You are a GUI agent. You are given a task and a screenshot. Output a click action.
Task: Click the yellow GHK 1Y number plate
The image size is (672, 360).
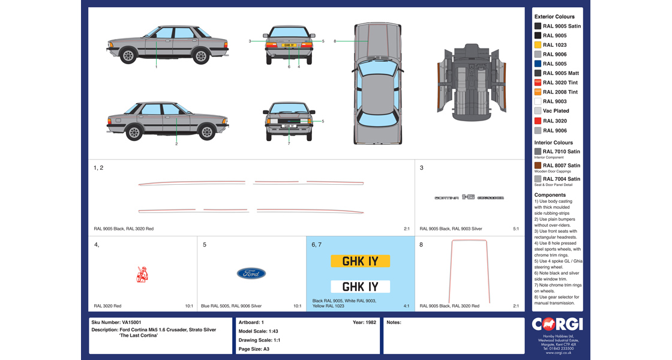click(360, 261)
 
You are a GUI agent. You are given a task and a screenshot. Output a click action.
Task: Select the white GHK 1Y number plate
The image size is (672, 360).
click(360, 286)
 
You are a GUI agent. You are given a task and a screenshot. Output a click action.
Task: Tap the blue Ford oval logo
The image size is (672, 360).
click(251, 274)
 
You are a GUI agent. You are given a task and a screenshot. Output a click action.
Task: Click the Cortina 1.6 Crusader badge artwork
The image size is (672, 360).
click(469, 197)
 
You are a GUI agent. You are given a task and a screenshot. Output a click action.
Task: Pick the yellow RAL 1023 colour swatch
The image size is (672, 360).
click(538, 45)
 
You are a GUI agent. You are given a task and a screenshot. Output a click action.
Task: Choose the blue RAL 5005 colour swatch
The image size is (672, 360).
click(538, 64)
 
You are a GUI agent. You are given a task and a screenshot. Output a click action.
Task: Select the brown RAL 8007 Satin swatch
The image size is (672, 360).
click(538, 166)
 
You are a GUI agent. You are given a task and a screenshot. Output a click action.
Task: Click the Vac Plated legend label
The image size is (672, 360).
click(556, 111)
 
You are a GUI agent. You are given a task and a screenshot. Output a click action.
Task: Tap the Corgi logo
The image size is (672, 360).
click(557, 325)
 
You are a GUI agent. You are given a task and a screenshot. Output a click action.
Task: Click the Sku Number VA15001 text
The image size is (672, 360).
click(116, 322)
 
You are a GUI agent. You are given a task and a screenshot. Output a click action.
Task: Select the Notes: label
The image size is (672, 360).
click(394, 322)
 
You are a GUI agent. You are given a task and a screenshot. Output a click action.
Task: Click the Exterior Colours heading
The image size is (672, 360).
click(554, 17)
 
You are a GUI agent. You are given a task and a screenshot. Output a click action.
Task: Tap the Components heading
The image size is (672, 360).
click(550, 195)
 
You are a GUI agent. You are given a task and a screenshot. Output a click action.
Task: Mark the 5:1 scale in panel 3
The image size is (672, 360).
click(516, 229)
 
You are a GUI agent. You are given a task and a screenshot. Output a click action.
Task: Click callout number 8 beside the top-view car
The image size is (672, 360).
click(335, 41)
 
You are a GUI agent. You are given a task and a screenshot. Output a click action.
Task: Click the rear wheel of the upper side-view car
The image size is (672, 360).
click(200, 56)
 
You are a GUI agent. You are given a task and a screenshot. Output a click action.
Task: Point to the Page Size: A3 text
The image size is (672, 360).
click(254, 349)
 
